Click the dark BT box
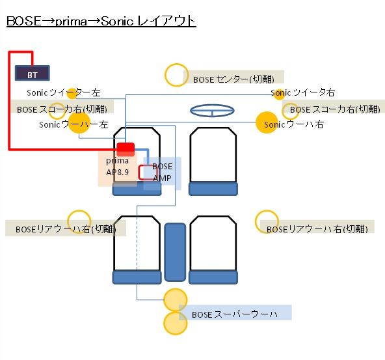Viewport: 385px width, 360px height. [33, 73]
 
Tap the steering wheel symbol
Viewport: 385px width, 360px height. [212, 111]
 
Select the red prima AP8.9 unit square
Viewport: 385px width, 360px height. [126, 149]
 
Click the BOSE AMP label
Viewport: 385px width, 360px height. [163, 172]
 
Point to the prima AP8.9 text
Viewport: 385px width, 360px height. [117, 167]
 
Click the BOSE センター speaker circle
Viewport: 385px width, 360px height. [176, 75]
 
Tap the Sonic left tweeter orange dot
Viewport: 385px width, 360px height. [72, 94]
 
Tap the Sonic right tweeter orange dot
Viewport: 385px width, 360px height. [279, 94]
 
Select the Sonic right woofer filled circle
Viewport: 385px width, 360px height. [267, 122]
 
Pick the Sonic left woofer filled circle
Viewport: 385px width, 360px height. [79, 122]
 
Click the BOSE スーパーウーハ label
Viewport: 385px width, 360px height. [235, 314]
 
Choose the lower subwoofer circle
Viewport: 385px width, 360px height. [176, 323]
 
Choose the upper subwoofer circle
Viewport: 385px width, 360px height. [176, 300]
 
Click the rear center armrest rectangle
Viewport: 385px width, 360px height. [175, 252]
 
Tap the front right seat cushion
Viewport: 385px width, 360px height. [213, 189]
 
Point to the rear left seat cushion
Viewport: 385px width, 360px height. [137, 277]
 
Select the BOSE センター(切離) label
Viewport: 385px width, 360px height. [233, 79]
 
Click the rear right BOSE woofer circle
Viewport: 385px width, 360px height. [267, 221]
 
